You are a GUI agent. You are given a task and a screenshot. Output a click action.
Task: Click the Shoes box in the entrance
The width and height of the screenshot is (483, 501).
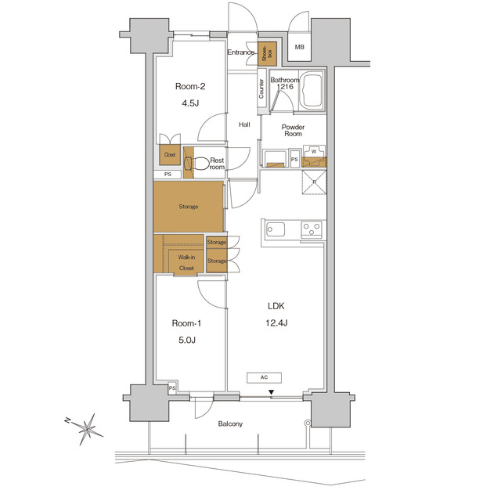click(267, 52)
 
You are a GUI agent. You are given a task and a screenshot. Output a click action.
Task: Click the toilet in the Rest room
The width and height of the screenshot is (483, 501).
click(200, 164)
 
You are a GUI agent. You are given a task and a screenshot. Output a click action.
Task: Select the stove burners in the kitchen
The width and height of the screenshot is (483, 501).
click(312, 229)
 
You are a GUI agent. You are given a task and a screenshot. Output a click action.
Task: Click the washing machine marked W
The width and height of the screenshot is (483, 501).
click(313, 151)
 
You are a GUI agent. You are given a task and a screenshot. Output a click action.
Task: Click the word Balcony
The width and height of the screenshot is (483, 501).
click(229, 424)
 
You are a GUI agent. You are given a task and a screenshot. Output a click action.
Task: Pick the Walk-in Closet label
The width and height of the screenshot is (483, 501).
click(186, 262)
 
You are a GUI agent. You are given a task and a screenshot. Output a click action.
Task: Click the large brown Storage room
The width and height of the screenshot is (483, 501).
click(188, 207)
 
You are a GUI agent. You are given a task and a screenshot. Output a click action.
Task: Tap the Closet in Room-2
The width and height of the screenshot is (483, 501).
click(170, 154)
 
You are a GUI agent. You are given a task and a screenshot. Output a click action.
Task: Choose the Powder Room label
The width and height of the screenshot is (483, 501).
click(293, 130)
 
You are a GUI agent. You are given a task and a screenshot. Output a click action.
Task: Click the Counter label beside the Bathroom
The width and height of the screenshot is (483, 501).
click(261, 89)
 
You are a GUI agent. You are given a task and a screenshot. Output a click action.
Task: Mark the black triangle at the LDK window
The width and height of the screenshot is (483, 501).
click(272, 393)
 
